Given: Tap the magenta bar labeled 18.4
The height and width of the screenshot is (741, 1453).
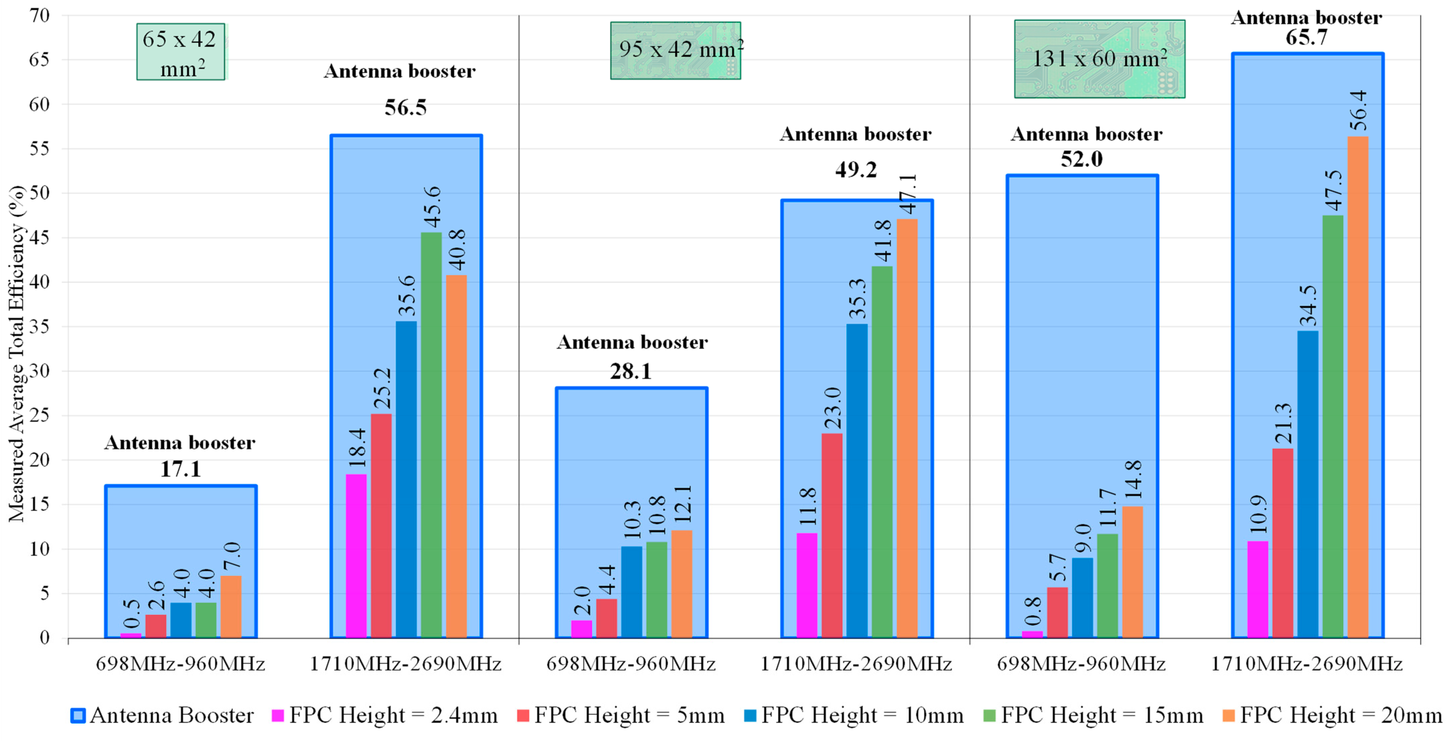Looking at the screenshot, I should coord(356,556).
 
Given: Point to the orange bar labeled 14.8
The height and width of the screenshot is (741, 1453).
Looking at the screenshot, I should coord(1133,572).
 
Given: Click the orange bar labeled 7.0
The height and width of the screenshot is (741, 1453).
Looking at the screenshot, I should coord(231,607).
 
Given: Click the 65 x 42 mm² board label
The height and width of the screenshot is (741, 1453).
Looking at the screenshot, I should coord(180,52).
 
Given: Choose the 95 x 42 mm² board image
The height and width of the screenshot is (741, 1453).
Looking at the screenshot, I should coord(675,51).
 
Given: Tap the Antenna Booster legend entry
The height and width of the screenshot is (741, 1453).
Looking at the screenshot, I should coord(162,716).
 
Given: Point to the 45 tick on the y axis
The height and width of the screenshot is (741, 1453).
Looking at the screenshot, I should coord(40,238).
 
